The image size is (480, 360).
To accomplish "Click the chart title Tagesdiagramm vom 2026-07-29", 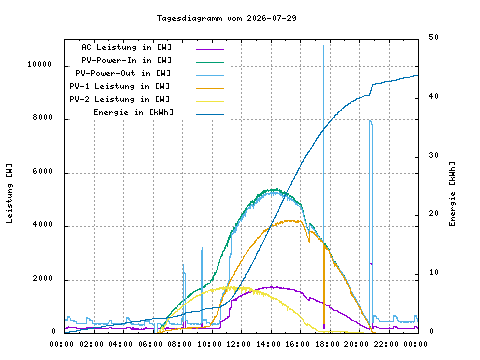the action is [x=227, y=18].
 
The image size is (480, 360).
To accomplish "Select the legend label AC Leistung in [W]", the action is [x=127, y=47].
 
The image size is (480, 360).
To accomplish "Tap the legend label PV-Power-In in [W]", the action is [x=127, y=60].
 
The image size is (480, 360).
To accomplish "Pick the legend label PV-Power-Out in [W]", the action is [x=123, y=73].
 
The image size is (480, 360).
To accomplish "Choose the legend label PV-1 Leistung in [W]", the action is [x=120, y=86].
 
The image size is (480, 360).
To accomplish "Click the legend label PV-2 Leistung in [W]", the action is [x=120, y=99].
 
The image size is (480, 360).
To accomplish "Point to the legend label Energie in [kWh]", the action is [x=133, y=112].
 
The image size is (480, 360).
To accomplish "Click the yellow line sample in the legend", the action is [x=210, y=101].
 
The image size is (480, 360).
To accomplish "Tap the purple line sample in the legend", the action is [x=210, y=49].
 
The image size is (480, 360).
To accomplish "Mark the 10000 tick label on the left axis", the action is [x=40, y=64].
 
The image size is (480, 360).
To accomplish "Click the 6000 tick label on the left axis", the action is [x=43, y=171].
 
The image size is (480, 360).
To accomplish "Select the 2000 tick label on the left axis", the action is [x=43, y=278].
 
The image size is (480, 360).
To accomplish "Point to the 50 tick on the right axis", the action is [x=433, y=37].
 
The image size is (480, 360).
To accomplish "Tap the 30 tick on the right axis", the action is [x=433, y=155].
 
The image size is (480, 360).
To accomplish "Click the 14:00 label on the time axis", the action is [x=269, y=344].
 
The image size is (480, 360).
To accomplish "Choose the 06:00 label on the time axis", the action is [x=151, y=344].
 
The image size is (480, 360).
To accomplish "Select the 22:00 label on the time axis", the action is [x=386, y=344].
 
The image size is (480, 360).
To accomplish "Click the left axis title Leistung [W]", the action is [x=9, y=193].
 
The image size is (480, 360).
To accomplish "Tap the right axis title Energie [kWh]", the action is [x=452, y=194].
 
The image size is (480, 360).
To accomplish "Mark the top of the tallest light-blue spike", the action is [x=323, y=46].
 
